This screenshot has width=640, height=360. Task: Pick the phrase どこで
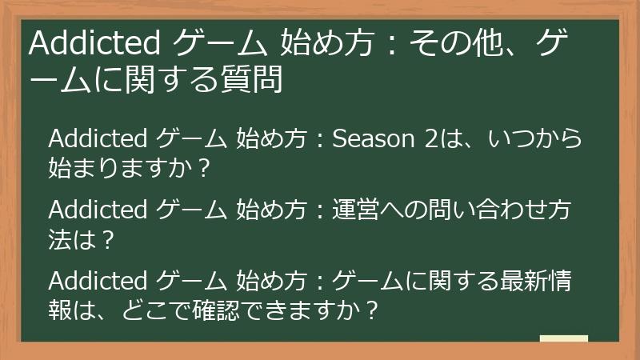(x=157, y=310)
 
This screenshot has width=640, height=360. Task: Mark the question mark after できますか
(x=370, y=310)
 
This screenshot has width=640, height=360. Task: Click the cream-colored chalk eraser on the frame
(x=563, y=338)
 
